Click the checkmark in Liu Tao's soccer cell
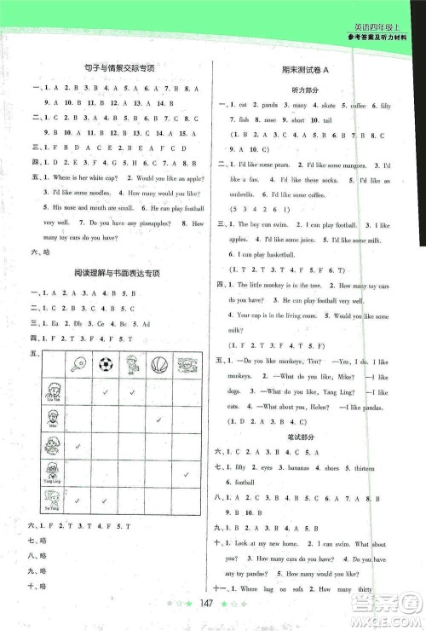[x=104, y=392]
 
